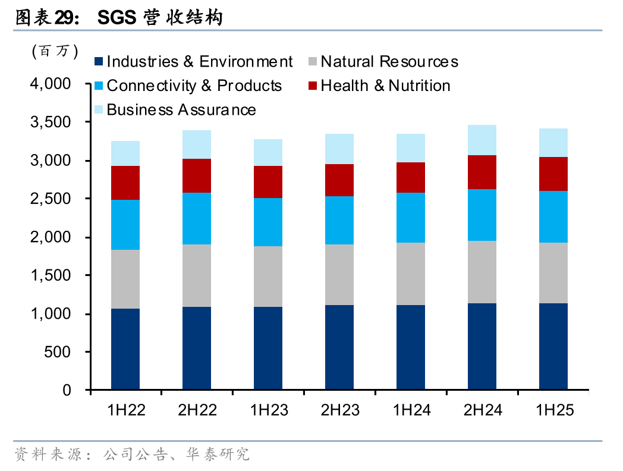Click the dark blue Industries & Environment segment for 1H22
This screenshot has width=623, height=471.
click(125, 349)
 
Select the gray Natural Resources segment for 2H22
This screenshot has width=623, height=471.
click(197, 275)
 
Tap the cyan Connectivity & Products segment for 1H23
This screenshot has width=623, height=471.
click(268, 222)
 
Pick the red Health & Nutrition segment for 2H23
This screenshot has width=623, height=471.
click(339, 180)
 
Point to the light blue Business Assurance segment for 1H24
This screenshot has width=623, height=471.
click(411, 148)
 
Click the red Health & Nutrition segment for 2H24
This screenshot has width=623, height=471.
click(482, 172)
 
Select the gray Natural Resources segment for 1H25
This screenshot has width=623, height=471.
click(553, 273)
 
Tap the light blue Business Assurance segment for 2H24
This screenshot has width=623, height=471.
click(482, 140)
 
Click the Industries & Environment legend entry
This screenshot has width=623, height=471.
click(193, 62)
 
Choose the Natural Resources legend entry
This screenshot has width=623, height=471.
click(383, 62)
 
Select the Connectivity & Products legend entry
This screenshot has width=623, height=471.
click(188, 86)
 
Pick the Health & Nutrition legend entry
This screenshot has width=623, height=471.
click(379, 86)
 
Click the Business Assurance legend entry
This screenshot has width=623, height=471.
click(175, 110)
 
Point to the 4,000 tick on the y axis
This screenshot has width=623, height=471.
click(51, 84)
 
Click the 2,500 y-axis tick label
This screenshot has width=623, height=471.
click(51, 199)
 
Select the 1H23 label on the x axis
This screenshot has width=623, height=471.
click(269, 410)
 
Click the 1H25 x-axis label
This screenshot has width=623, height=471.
click(554, 410)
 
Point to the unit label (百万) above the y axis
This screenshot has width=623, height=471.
click(55, 52)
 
